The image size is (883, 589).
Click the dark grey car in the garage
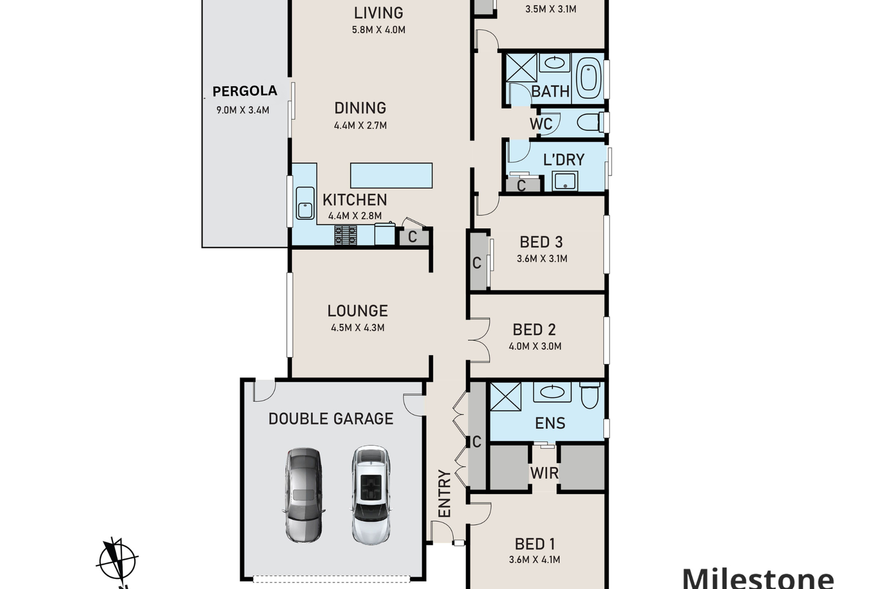[304, 495]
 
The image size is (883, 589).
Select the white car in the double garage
[370, 495]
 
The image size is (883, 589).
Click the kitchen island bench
[391, 176]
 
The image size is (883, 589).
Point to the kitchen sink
[305, 203]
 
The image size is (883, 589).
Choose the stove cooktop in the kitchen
[346, 235]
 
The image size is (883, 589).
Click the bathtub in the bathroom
[589, 78]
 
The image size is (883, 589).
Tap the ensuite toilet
[590, 395]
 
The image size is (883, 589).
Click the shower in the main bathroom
[522, 68]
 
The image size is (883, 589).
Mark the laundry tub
[565, 181]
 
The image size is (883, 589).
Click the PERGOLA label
[245, 91]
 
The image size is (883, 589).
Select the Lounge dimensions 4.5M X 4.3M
[358, 328]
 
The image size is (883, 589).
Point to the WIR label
[545, 472]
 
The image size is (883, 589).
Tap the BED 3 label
[541, 242]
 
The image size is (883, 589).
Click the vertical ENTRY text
[444, 494]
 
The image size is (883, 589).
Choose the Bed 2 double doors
[480, 340]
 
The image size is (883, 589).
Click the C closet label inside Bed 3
[477, 263]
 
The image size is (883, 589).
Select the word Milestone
[758, 578]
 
